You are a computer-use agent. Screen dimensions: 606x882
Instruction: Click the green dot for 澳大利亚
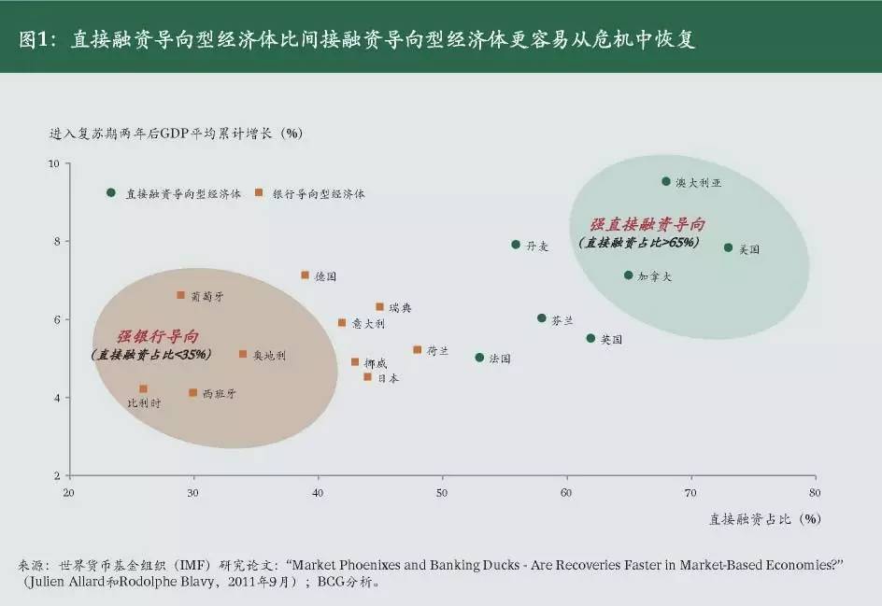click(x=666, y=181)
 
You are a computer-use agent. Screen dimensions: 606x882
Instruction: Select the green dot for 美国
click(x=728, y=247)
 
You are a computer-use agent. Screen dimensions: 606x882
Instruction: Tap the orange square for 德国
click(x=305, y=275)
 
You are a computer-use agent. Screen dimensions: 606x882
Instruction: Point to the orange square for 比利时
click(x=143, y=388)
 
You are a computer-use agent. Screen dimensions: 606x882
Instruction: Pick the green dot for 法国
click(x=479, y=358)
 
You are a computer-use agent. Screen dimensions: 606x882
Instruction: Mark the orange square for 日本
click(x=367, y=377)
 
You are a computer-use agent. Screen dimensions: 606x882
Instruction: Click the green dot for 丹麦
click(x=516, y=245)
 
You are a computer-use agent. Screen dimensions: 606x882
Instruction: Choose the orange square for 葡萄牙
click(x=180, y=295)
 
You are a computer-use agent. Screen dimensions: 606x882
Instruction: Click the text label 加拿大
click(x=655, y=276)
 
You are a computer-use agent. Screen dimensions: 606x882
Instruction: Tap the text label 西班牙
click(x=220, y=394)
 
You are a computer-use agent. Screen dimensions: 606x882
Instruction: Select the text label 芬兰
click(x=562, y=319)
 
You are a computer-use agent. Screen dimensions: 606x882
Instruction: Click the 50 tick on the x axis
click(x=442, y=492)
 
